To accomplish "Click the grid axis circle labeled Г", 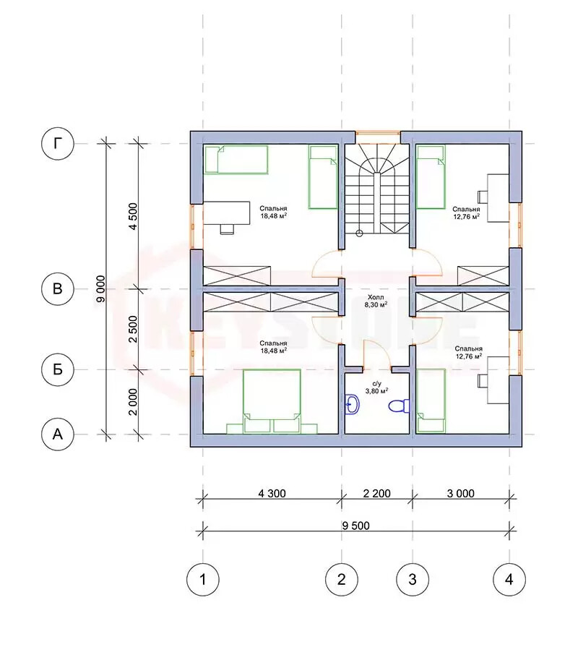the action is point(58,144).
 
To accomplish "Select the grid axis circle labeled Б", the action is point(58,369).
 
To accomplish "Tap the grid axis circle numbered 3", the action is point(413,580).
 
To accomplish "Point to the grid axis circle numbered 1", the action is point(203,580).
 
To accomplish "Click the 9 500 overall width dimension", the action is point(356,526).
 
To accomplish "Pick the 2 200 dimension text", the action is point(377,493).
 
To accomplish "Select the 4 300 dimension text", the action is point(272,493).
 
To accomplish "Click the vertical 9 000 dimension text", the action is point(100,288).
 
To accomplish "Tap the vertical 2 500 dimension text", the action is point(133,329).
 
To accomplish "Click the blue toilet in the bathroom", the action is point(399,406).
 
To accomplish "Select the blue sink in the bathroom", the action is point(352,405).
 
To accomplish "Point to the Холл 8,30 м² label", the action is point(376,301).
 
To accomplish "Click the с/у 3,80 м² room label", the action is point(376,387).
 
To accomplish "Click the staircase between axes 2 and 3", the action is point(377,189).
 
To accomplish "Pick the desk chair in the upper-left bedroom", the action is point(227,229).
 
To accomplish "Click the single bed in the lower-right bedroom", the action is point(431,400).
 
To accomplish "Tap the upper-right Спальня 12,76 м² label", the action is point(466,213).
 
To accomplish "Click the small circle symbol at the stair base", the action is point(359,233).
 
